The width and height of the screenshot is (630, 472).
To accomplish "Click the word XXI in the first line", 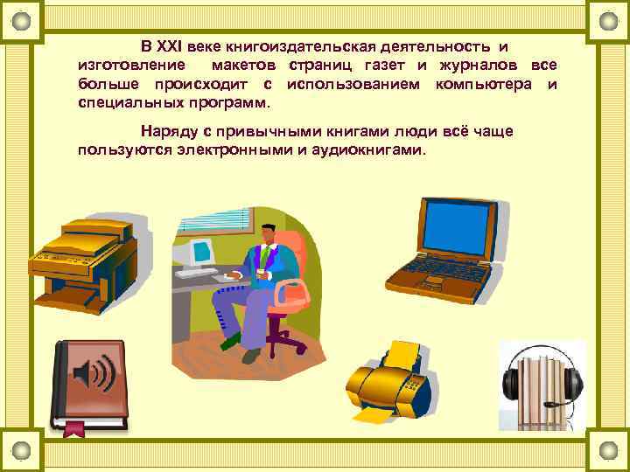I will [x=175, y=45].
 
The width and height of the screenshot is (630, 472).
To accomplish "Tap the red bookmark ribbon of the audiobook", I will [x=74, y=427].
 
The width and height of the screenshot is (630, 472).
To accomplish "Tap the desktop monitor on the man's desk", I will [x=200, y=250].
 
